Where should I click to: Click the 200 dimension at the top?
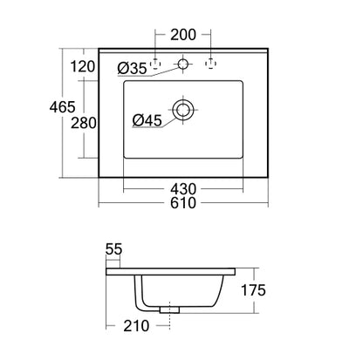[183, 35]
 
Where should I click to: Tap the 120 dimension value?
[83, 66]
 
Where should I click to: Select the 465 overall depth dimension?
[62, 107]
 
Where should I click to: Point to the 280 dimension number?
[84, 123]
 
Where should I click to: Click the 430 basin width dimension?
[183, 189]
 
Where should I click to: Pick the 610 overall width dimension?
[183, 203]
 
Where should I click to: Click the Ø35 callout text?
[132, 69]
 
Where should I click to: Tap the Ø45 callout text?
[147, 120]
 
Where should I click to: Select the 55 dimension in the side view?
[113, 249]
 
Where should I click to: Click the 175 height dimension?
[253, 290]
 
